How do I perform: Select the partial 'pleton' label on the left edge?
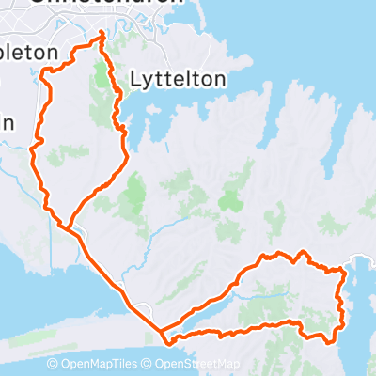[28, 53]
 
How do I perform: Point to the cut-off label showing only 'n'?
[6, 122]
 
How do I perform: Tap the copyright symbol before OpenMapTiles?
[53, 365]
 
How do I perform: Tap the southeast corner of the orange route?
[329, 340]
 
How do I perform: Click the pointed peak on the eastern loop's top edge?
[301, 252]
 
